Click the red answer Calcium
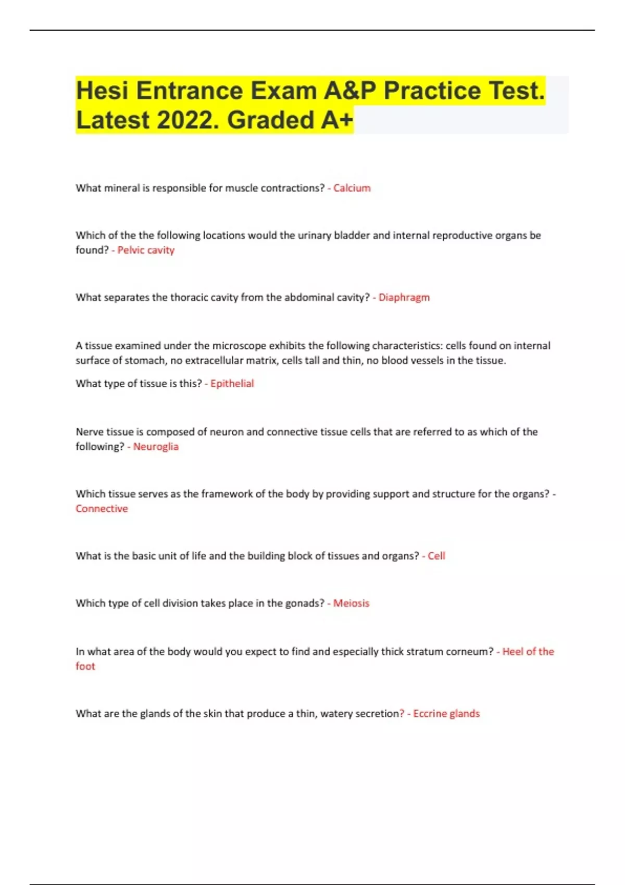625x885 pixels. click(x=352, y=188)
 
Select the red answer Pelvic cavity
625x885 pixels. click(x=146, y=250)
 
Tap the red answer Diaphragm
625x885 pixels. click(x=404, y=297)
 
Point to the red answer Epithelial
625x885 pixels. click(x=232, y=384)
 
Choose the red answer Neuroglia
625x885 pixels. click(x=156, y=447)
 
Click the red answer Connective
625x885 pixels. click(x=102, y=509)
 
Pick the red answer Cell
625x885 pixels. click(x=436, y=556)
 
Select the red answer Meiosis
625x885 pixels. click(x=351, y=603)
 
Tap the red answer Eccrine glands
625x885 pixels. click(x=446, y=714)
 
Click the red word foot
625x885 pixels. click(x=85, y=666)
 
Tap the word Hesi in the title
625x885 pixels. click(x=102, y=91)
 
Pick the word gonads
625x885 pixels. click(x=304, y=603)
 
